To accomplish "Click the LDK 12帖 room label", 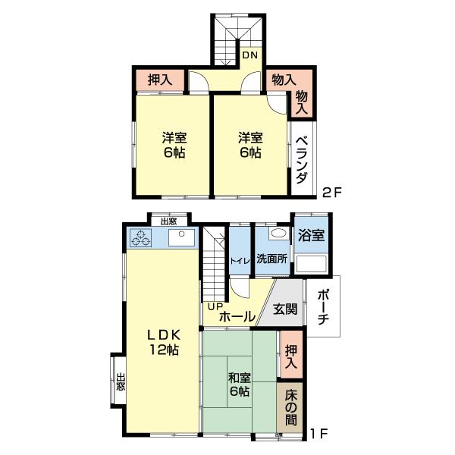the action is [x=164, y=343].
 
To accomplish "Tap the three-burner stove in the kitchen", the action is [x=141, y=237].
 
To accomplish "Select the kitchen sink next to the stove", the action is [x=182, y=237].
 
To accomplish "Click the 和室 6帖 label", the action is [x=240, y=384].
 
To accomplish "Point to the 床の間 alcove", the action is [x=290, y=407].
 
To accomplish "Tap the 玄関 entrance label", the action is [x=285, y=309].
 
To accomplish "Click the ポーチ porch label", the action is [x=323, y=307].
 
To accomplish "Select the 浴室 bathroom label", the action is [x=311, y=235].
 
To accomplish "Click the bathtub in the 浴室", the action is [x=311, y=264].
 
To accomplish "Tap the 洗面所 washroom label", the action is [x=272, y=259].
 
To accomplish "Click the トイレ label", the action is [x=240, y=261].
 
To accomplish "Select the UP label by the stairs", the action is [x=215, y=306].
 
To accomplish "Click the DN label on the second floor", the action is [x=249, y=55].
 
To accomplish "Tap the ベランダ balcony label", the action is [x=302, y=159].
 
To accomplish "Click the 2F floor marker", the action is [x=333, y=193].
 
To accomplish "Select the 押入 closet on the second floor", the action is [x=160, y=80].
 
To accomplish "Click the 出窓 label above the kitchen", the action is [x=169, y=221].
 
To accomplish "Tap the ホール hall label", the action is [x=237, y=316].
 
